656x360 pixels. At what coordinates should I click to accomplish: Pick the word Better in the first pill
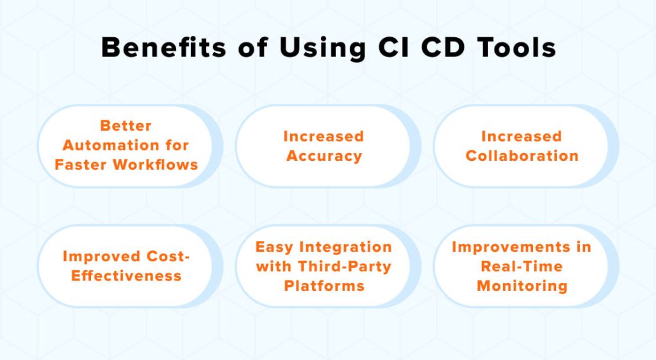[x=126, y=126]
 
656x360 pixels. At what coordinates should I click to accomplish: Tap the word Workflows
[x=156, y=165]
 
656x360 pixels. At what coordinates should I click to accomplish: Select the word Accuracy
[x=324, y=156]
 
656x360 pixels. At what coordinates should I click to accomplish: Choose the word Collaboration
[x=522, y=156]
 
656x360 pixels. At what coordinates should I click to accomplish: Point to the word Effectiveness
[x=126, y=276]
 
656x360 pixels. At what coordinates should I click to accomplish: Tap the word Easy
[x=276, y=247]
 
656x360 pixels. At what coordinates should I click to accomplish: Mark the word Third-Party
[x=347, y=266]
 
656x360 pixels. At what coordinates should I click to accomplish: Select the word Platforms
[x=324, y=286]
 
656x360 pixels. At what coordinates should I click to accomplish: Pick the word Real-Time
[x=521, y=266]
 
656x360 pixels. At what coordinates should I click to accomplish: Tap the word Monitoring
[x=521, y=286]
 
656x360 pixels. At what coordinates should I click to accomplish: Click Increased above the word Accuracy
[x=324, y=136]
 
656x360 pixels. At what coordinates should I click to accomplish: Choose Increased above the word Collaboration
[x=521, y=136]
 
